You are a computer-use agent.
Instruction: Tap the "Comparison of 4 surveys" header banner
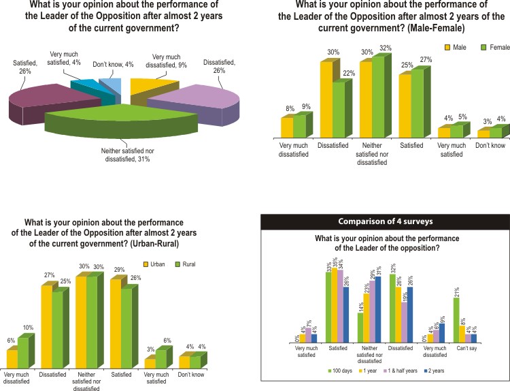[385, 221]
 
